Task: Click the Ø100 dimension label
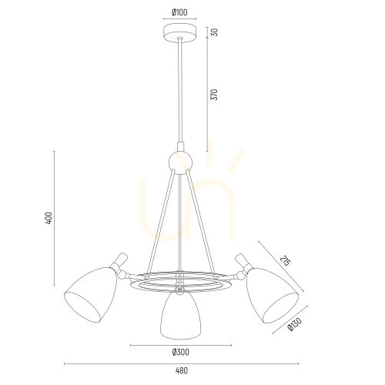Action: click(x=179, y=12)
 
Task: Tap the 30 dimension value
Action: click(x=215, y=32)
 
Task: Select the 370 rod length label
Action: click(x=214, y=95)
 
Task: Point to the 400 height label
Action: click(x=49, y=219)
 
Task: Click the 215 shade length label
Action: click(x=286, y=260)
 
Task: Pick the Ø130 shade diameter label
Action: click(x=295, y=324)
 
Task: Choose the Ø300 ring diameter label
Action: click(x=180, y=352)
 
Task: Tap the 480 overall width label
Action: click(x=182, y=370)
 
